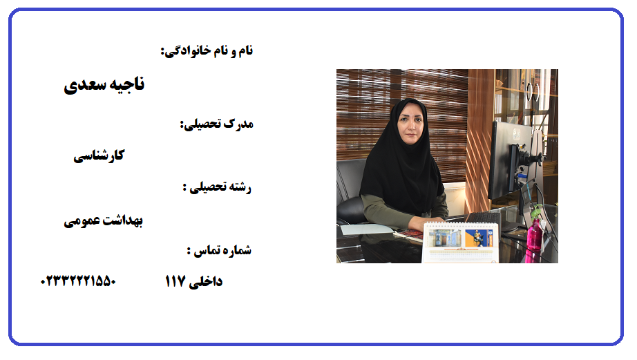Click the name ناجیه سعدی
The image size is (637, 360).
(x=104, y=84)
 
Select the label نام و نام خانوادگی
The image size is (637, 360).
(x=207, y=51)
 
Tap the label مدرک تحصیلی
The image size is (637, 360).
(x=217, y=124)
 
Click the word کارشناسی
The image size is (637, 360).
(x=99, y=155)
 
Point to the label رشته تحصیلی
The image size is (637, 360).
(x=218, y=187)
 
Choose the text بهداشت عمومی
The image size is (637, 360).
(x=103, y=220)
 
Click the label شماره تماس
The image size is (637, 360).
(x=220, y=250)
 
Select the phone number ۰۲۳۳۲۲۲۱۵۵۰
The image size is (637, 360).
(x=78, y=281)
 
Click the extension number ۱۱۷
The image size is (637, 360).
(x=175, y=281)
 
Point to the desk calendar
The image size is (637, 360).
(x=461, y=243)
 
